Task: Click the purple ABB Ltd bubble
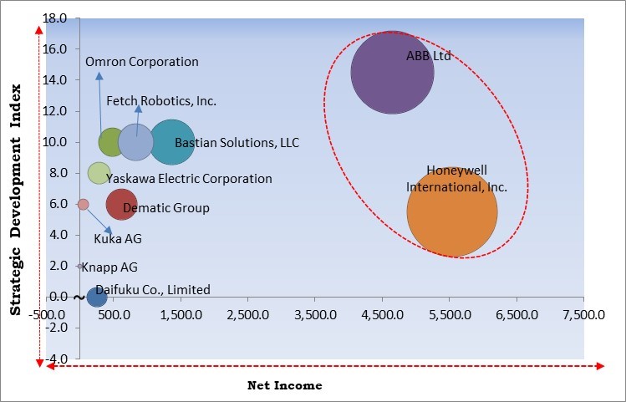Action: pyautogui.click(x=392, y=73)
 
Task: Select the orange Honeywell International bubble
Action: pyautogui.click(x=452, y=211)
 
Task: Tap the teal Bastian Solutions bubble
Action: pyautogui.click(x=172, y=142)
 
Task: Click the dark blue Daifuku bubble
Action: pyautogui.click(x=97, y=296)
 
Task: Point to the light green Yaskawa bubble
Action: pyautogui.click(x=99, y=173)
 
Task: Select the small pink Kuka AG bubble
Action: pyautogui.click(x=83, y=204)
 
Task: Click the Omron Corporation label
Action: pyautogui.click(x=142, y=62)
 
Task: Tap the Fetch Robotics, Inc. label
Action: pyautogui.click(x=161, y=101)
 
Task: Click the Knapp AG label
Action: pyautogui.click(x=109, y=267)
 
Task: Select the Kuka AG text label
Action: pyautogui.click(x=118, y=239)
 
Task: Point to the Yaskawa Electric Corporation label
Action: pyautogui.click(x=189, y=179)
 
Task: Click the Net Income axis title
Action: pyautogui.click(x=284, y=386)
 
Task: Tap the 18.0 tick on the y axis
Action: pyautogui.click(x=56, y=18)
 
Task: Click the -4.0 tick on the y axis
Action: pyautogui.click(x=56, y=358)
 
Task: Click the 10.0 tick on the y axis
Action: pyautogui.click(x=56, y=142)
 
